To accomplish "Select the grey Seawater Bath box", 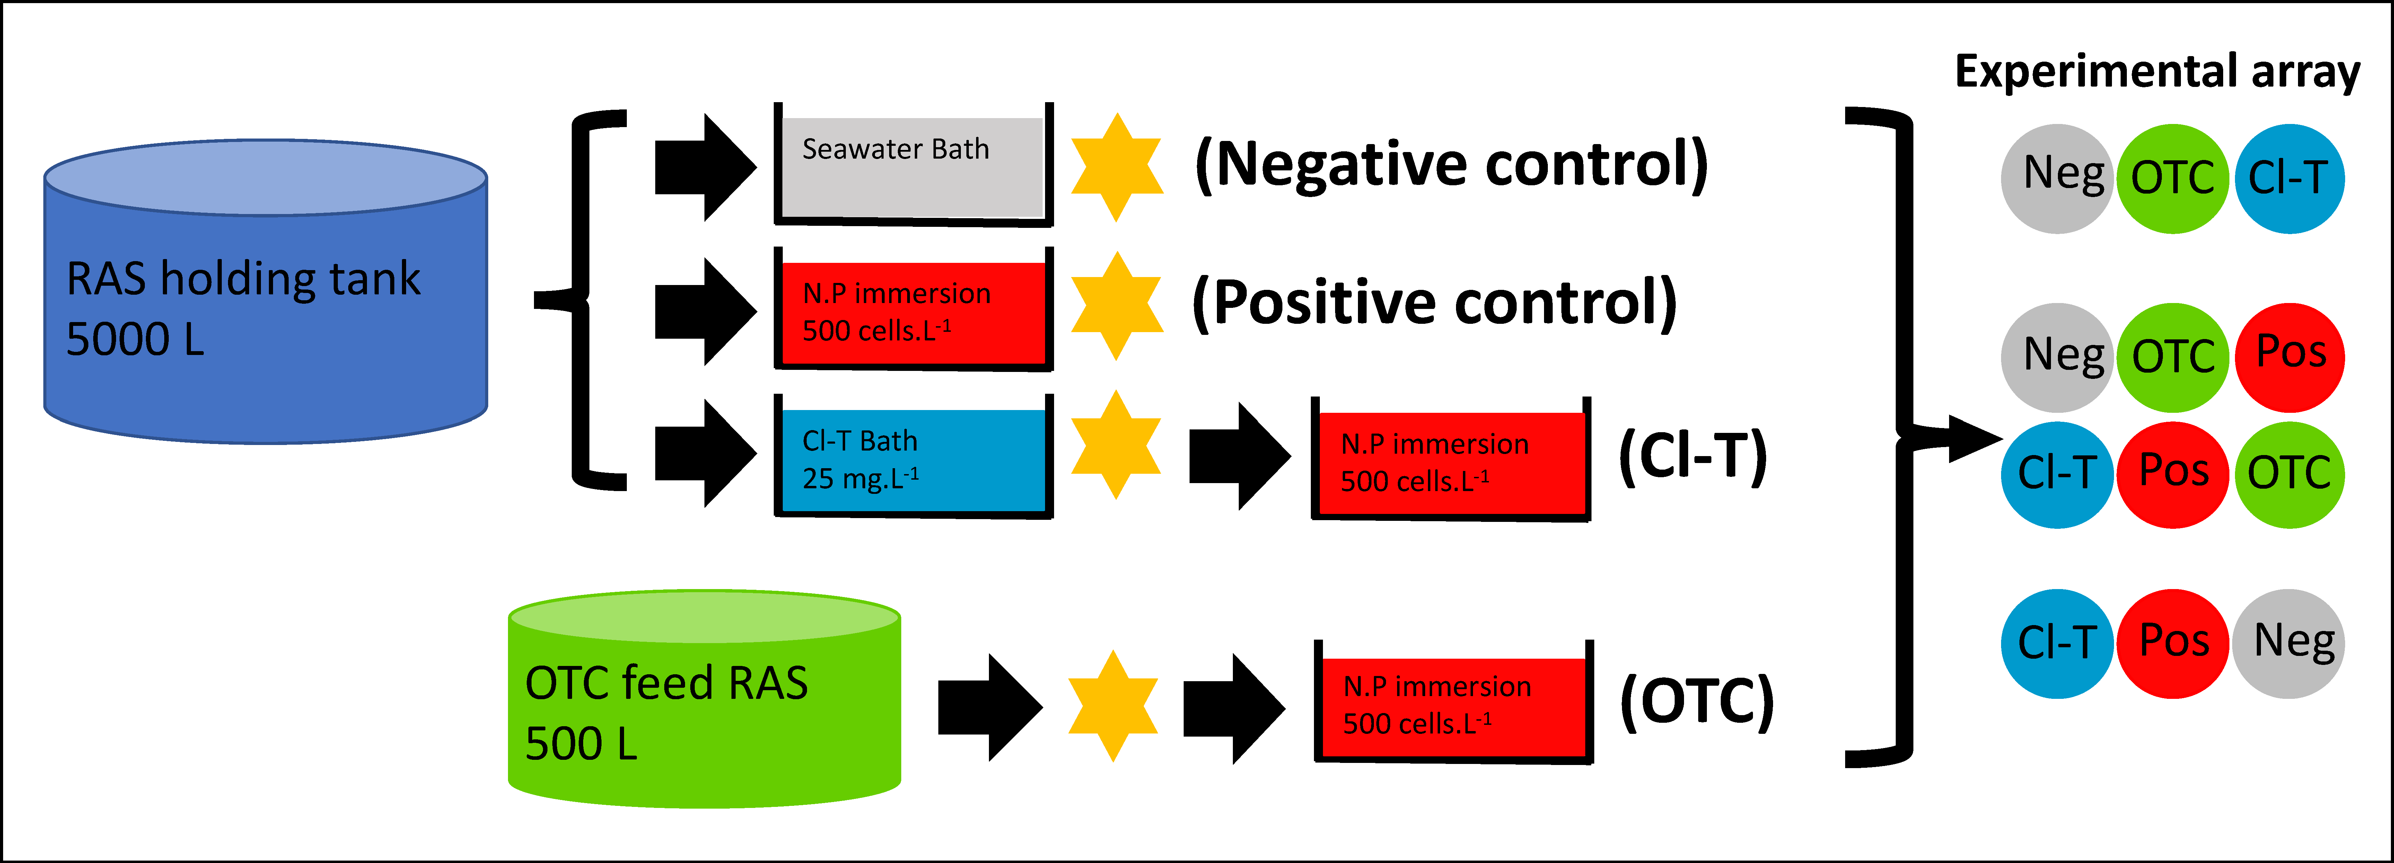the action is tap(913, 165).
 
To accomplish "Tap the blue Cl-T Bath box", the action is tap(913, 456).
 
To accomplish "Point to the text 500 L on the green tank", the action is tap(582, 743).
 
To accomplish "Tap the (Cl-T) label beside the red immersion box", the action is tap(1692, 457).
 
